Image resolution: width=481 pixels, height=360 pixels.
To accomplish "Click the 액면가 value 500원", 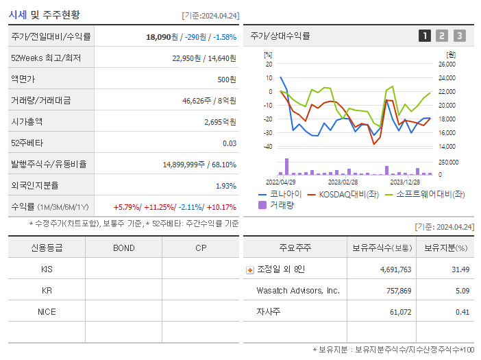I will [227, 80].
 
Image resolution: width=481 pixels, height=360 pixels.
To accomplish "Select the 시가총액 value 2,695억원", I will [220, 122].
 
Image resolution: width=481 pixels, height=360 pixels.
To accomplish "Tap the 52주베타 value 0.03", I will [230, 143].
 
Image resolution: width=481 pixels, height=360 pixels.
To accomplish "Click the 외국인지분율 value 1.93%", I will [226, 186].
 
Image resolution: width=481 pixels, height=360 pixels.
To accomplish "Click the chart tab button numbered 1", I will [425, 36].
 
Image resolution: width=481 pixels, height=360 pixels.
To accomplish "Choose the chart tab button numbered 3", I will [459, 36].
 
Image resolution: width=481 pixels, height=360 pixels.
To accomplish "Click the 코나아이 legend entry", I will [280, 195].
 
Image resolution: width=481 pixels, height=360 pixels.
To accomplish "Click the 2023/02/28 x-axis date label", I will [343, 182].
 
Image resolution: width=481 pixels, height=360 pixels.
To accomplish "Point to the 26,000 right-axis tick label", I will [446, 64].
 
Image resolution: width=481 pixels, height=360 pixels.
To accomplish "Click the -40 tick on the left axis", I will [268, 147].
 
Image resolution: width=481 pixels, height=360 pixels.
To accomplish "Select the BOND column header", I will [124, 248].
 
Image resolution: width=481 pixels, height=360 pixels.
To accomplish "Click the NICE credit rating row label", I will [47, 312].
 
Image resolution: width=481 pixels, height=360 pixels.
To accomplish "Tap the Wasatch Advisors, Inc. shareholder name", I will [298, 291].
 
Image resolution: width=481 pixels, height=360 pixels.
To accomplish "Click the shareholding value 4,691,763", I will [395, 270].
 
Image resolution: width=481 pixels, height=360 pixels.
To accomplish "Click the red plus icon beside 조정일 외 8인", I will [250, 270].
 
